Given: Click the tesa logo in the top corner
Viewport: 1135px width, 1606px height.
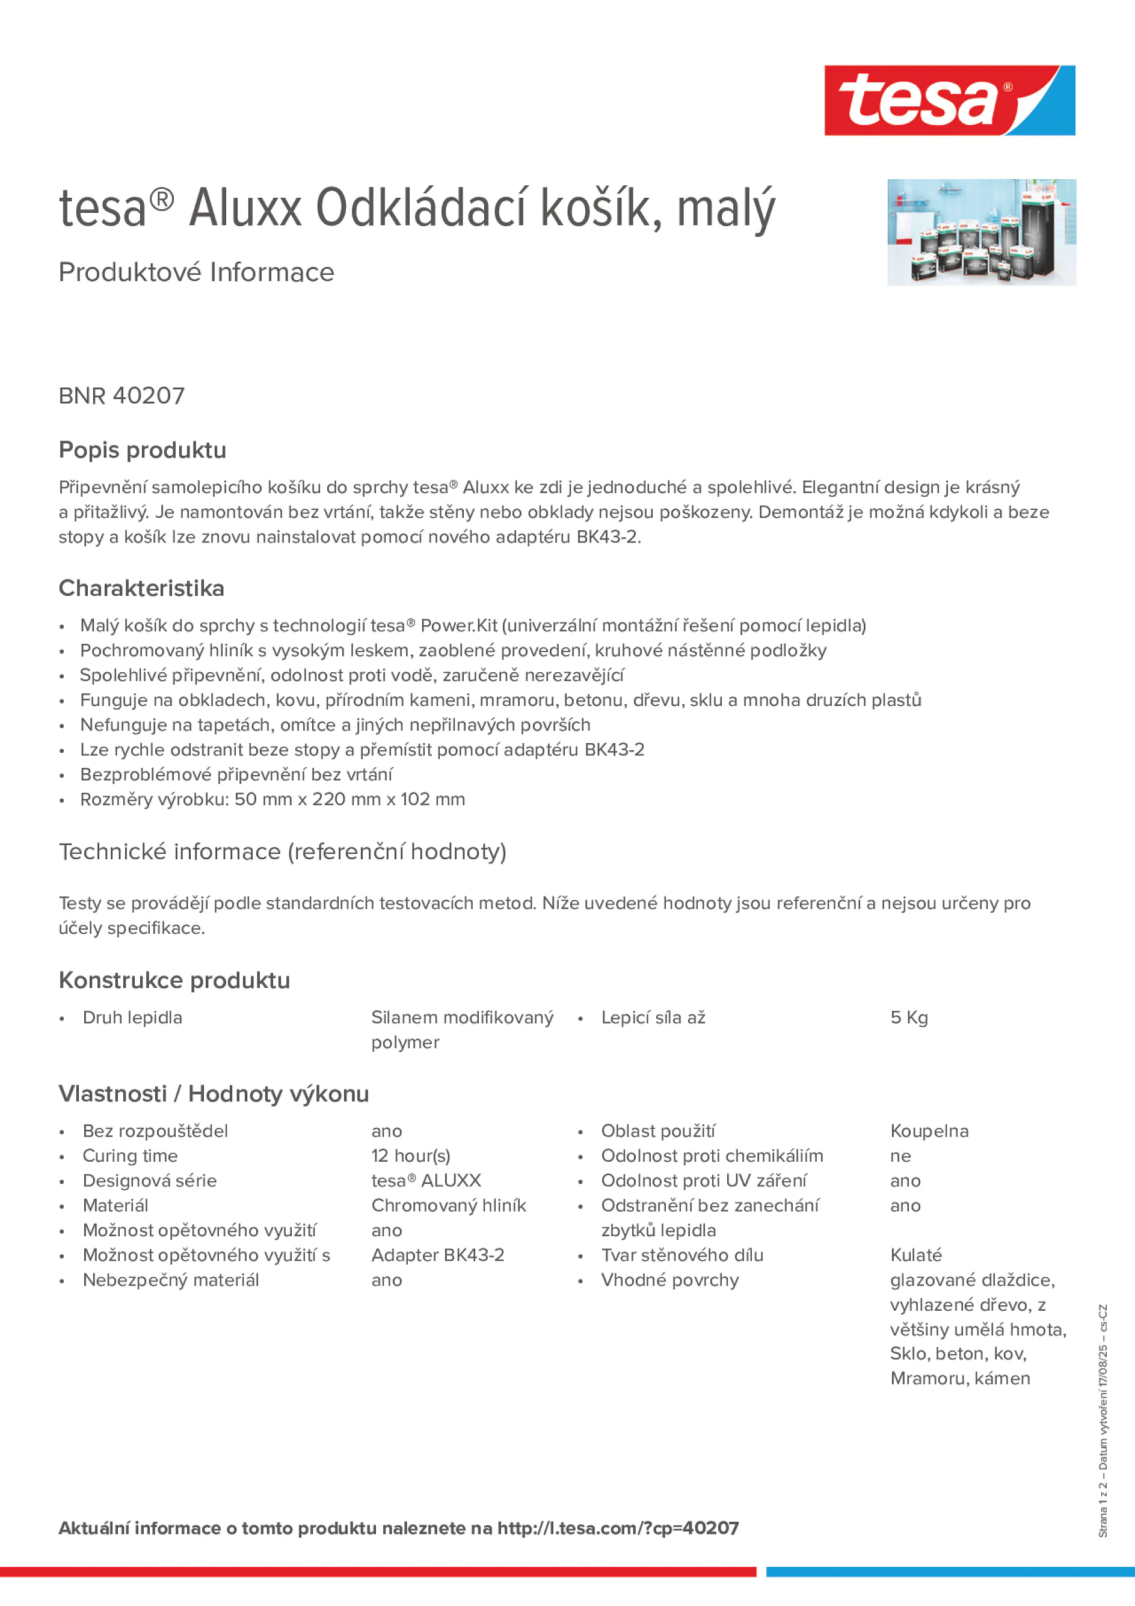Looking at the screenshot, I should tap(949, 101).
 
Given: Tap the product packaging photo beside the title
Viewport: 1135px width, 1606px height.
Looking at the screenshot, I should tap(981, 232).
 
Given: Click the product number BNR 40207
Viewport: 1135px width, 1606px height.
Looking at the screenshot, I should tap(121, 396).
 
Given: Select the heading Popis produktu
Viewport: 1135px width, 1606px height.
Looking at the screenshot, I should tap(142, 450).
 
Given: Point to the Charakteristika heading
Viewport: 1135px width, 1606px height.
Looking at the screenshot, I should tap(141, 588).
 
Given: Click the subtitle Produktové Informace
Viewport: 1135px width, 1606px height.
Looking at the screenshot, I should tap(196, 272).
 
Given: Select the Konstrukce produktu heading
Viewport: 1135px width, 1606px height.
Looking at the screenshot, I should tap(174, 980).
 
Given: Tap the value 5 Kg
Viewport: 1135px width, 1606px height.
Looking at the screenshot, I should tap(908, 1018).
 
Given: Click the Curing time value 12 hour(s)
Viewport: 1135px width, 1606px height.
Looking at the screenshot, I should tap(411, 1156).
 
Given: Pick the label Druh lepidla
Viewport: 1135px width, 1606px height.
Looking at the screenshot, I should tap(132, 1018).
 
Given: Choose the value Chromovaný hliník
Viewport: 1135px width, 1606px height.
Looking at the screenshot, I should tap(449, 1205).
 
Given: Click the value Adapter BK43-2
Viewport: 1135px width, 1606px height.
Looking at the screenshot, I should tap(437, 1255).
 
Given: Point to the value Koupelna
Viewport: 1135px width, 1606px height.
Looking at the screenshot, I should tap(929, 1131).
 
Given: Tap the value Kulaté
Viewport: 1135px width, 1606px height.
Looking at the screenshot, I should tap(915, 1255).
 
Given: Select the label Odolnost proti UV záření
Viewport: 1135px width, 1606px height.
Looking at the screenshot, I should tap(703, 1181).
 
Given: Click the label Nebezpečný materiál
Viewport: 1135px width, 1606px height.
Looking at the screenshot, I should tap(171, 1280).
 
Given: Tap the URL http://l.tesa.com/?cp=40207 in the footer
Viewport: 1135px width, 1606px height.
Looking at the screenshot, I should tap(617, 1528).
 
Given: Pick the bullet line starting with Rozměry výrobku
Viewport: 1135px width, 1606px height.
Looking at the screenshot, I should tap(272, 800).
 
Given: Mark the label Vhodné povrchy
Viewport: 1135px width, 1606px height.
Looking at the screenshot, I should tap(669, 1280).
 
